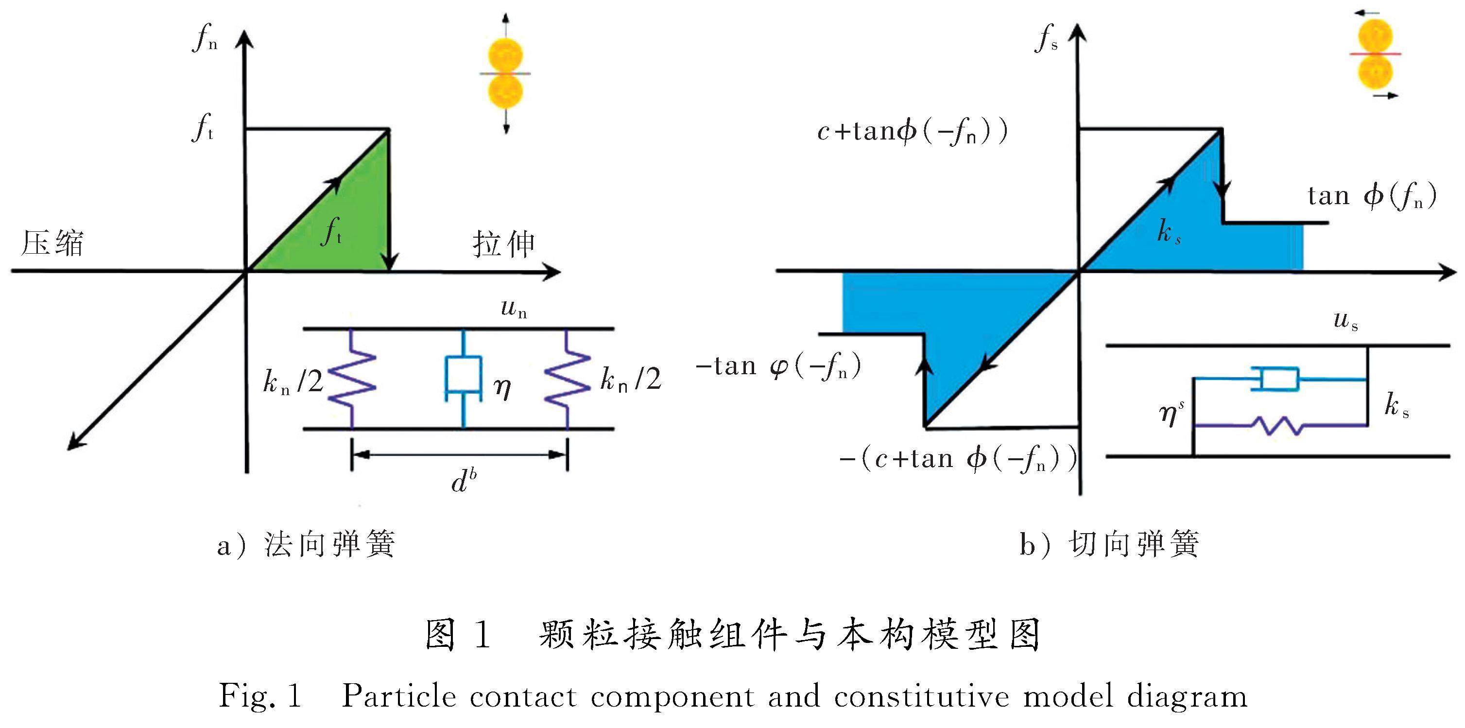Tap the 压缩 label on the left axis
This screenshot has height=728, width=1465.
tap(52, 243)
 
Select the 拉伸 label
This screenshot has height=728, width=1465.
tap(503, 244)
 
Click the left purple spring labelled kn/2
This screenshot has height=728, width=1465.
tap(353, 378)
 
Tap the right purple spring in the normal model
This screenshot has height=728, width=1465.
tap(567, 378)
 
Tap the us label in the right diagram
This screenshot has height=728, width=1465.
tap(1346, 321)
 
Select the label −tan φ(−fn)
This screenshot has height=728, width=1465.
tap(778, 367)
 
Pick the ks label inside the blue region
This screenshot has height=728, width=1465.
tap(1169, 233)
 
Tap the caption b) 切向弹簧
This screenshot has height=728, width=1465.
tap(1109, 545)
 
